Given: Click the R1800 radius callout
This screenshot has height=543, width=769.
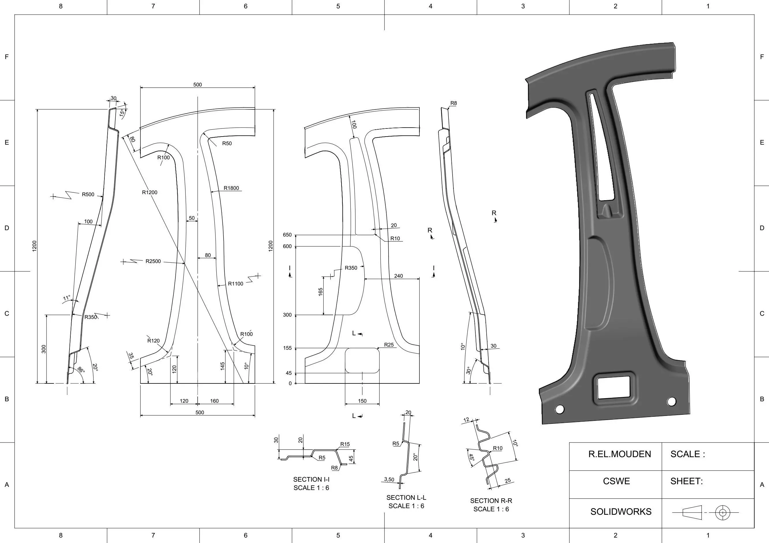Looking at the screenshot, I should (231, 188).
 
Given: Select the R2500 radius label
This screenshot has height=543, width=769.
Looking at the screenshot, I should (153, 261).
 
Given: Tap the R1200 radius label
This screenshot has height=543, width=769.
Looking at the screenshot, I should (149, 192).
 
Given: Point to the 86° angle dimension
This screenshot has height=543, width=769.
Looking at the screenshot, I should (81, 370).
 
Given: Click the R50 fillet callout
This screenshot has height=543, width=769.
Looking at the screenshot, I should (227, 143).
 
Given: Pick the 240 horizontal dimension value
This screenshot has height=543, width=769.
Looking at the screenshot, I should (398, 276).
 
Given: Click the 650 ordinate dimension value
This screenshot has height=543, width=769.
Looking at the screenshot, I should (287, 235).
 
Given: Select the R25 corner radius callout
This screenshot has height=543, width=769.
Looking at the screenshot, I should (389, 345).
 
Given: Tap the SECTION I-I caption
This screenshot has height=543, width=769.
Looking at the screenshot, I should (311, 479).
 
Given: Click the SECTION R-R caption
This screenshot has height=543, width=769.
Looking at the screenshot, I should (491, 501).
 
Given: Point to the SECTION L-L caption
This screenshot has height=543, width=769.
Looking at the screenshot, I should (406, 497).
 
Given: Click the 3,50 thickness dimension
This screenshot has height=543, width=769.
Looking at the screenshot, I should (389, 479).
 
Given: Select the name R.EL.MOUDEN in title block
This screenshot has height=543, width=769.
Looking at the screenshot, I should (620, 454).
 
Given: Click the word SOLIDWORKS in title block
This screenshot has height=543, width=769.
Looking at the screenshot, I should (621, 512).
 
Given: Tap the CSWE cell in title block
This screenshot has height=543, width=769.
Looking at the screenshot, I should (616, 481).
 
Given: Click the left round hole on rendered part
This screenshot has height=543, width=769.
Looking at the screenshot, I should (559, 409).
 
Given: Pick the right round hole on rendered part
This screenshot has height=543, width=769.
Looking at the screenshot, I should (672, 402).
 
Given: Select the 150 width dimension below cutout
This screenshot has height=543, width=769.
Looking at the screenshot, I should (362, 401).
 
